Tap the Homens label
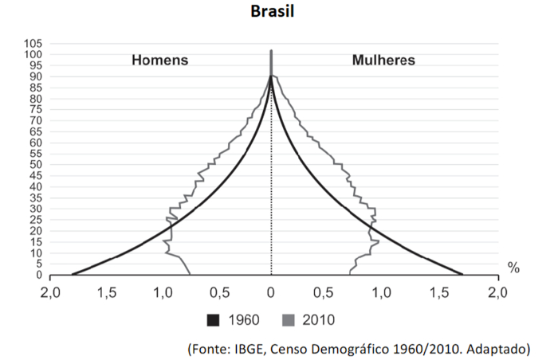click(x=159, y=61)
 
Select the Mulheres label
click(x=383, y=61)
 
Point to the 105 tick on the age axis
click(x=33, y=43)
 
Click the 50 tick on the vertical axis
click(x=36, y=165)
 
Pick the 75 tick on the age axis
click(x=36, y=110)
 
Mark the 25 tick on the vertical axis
click(x=36, y=220)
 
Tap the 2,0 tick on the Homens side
click(x=50, y=292)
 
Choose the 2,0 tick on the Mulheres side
click(x=497, y=292)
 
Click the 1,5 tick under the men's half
click(x=106, y=292)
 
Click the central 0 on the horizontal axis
click(x=272, y=292)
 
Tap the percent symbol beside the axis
click(x=513, y=268)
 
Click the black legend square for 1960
click(x=213, y=320)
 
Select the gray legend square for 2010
click(x=289, y=320)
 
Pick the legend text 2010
click(x=319, y=320)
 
